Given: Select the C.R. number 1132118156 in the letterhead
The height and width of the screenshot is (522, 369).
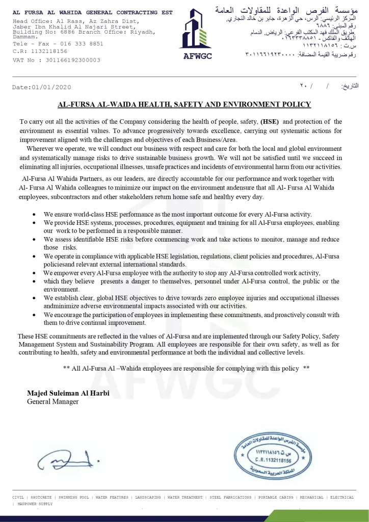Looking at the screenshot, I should (x=49, y=51).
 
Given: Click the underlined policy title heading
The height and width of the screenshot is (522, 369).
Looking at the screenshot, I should (x=184, y=105).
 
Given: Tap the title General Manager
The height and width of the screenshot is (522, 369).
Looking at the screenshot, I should (x=52, y=402).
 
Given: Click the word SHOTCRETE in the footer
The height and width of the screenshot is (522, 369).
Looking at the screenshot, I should (x=41, y=497).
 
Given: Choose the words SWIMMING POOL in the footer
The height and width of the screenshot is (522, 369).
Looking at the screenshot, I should (x=74, y=497).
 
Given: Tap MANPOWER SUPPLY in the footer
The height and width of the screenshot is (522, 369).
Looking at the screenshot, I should (x=35, y=504).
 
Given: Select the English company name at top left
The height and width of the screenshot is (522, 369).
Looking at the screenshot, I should (x=92, y=12).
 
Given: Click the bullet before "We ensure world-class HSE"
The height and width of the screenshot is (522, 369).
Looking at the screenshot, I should (x=34, y=215).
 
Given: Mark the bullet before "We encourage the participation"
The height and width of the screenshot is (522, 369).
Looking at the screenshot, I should (x=34, y=316).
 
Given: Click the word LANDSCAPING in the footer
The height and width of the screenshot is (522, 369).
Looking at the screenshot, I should (x=147, y=497).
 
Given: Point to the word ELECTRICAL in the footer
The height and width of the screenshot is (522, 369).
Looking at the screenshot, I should (x=342, y=497).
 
